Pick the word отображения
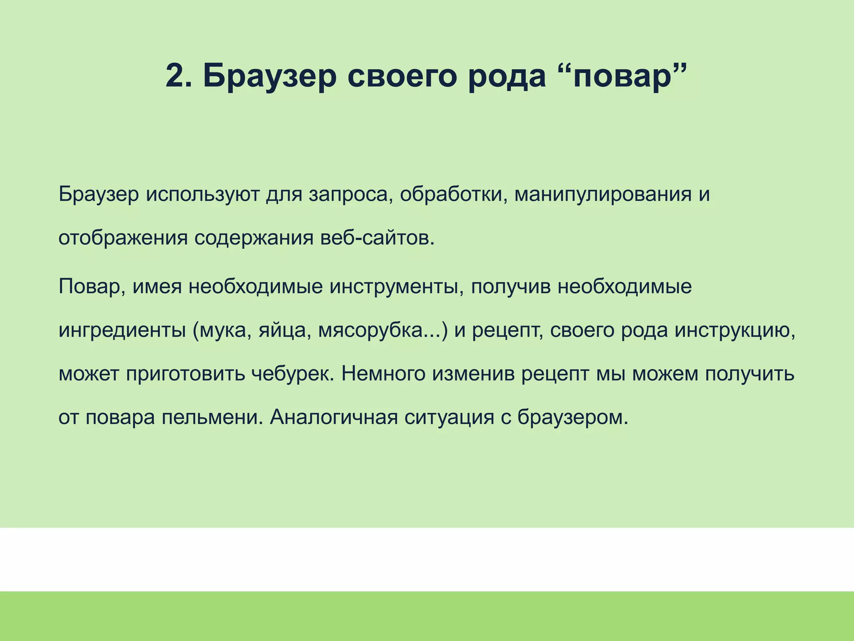[x=123, y=239]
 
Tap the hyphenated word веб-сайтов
[x=378, y=239]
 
